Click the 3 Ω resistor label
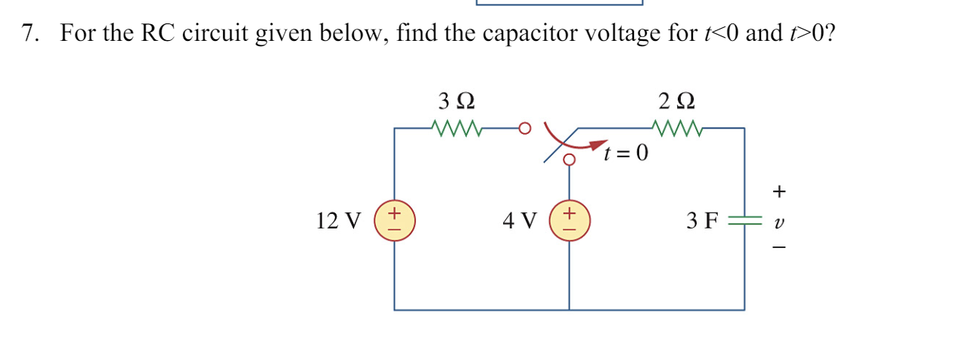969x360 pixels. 457,101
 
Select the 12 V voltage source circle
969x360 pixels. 394,220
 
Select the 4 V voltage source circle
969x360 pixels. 569,220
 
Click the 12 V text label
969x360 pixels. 339,221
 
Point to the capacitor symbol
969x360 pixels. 744,221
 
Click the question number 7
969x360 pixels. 30,34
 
